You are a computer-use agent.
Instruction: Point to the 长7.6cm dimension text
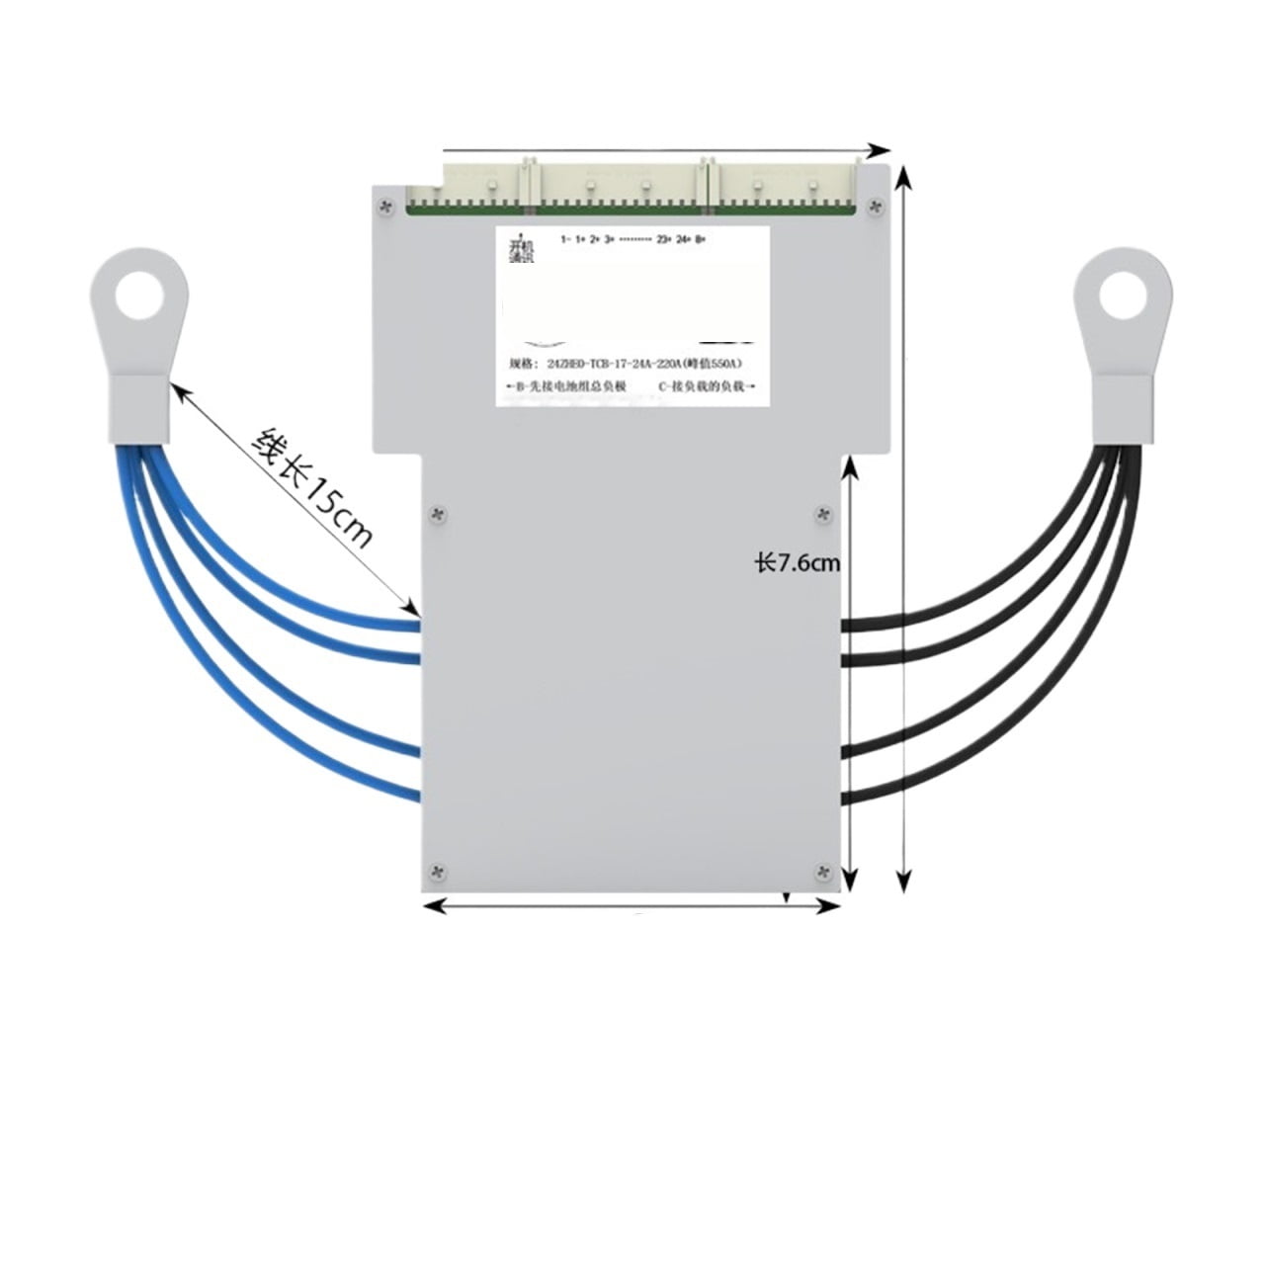click(x=797, y=563)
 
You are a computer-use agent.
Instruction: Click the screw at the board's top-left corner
click(x=385, y=205)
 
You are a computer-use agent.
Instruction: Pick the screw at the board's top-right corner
click(x=873, y=206)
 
